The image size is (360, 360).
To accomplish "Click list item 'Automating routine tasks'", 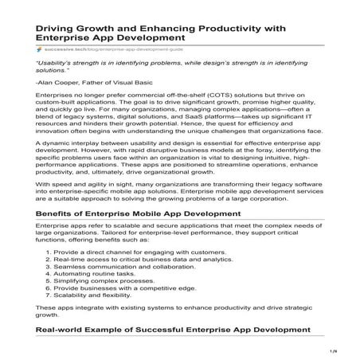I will [95, 281].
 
